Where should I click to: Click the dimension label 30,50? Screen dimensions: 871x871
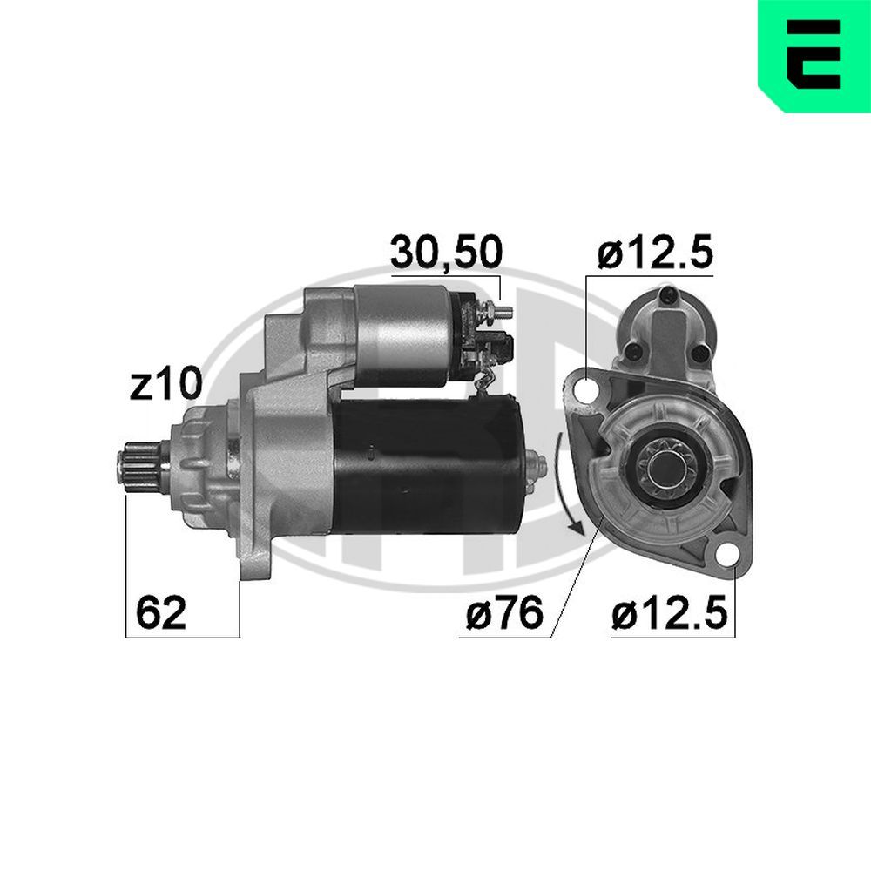tap(445, 253)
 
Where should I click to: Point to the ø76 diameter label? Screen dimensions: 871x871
tap(503, 614)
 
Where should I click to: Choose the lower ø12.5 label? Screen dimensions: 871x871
tap(668, 614)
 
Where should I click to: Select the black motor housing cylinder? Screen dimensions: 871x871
tap(427, 466)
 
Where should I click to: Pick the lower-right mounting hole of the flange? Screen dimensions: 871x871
tap(726, 555)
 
